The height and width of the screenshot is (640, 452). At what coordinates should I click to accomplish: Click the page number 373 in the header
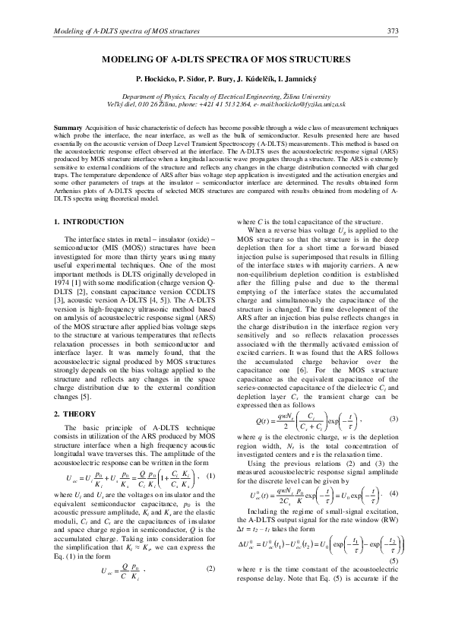pos(393,31)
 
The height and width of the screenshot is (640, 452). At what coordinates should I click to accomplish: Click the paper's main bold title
pos(226,59)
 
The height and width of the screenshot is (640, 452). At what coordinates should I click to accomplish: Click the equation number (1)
pos(211,477)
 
